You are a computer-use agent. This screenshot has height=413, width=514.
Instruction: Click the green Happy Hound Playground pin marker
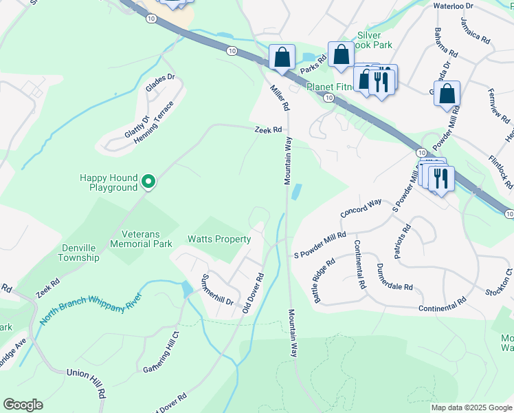pos(148,182)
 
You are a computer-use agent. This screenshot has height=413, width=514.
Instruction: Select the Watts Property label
pos(219,240)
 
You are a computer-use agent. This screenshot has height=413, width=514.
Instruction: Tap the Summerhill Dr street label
pos(216,291)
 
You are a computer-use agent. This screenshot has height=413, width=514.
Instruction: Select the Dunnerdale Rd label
pos(394,277)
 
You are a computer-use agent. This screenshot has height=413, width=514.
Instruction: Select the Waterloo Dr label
pos(454,6)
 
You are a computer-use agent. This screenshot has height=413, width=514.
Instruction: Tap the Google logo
pos(23,405)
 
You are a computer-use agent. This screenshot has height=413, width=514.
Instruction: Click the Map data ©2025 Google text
pos(471,407)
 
